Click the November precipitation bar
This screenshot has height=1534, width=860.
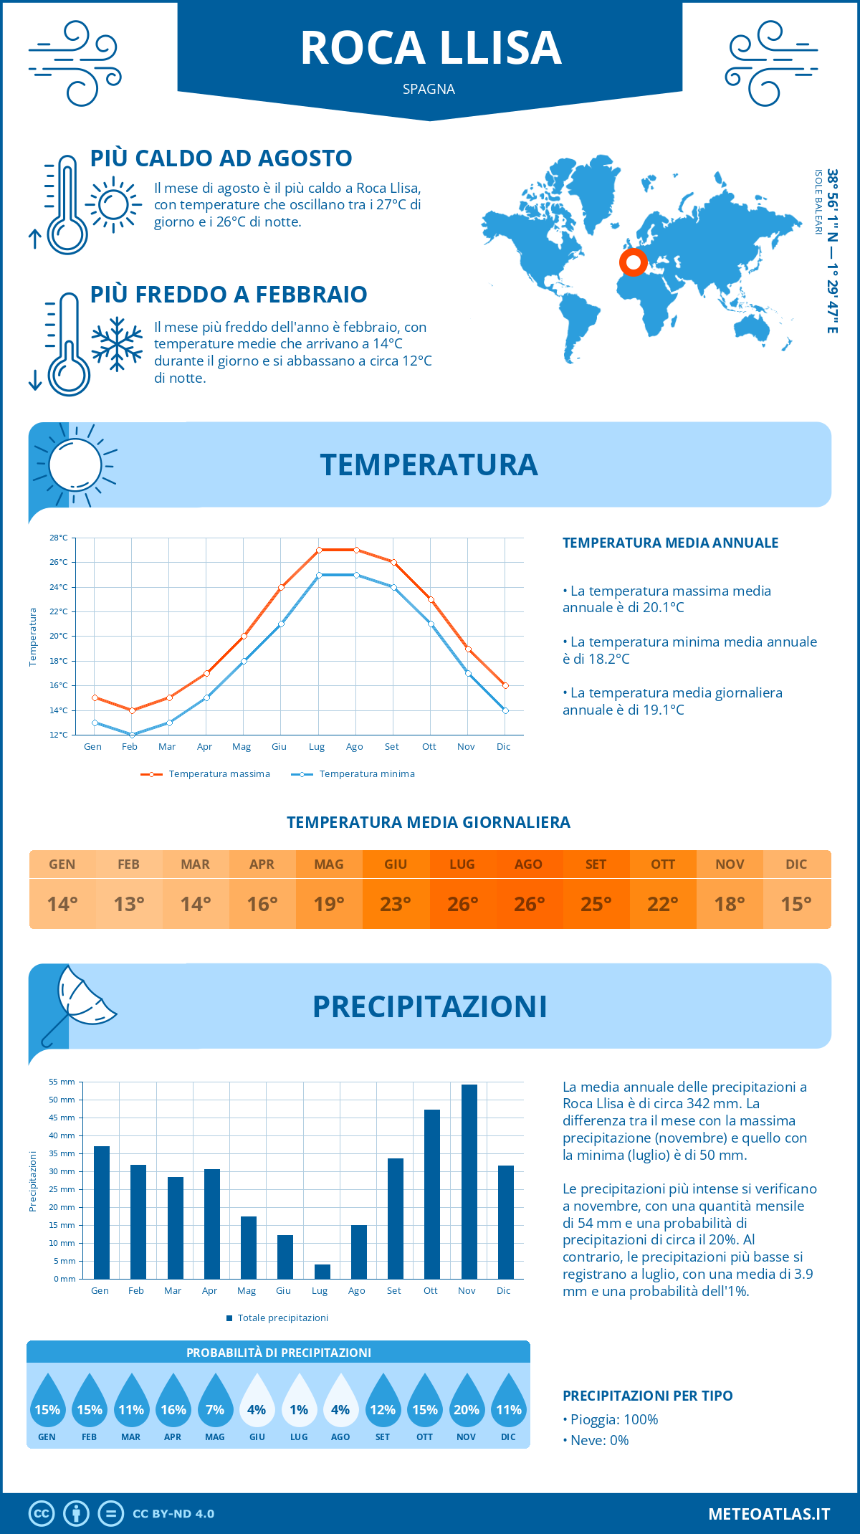tap(469, 1181)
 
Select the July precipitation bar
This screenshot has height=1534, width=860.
tap(322, 1271)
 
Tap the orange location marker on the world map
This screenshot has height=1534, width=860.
tap(633, 262)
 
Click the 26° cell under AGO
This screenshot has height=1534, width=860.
tap(529, 904)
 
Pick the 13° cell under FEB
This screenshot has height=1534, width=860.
tap(129, 904)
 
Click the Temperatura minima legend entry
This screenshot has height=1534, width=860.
tap(353, 774)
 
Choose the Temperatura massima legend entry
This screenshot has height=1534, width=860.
tap(206, 774)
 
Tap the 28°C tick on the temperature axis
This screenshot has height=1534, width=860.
tap(59, 538)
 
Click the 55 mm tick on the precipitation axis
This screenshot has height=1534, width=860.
tap(62, 1082)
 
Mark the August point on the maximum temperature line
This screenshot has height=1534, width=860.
tap(356, 550)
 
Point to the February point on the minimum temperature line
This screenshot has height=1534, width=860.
tap(132, 735)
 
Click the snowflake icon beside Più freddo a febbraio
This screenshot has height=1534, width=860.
tap(117, 344)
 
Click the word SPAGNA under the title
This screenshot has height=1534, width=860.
tap(429, 89)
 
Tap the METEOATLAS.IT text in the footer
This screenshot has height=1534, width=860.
tap(768, 1514)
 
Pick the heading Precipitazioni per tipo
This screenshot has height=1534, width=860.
tap(647, 1396)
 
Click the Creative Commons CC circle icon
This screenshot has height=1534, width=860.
tap(42, 1514)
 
